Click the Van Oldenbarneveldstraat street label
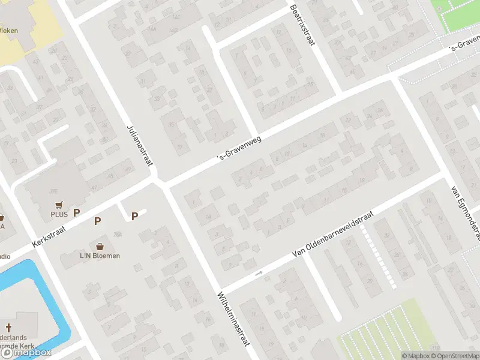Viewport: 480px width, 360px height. pos(332,235)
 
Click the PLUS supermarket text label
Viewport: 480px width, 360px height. pos(59,214)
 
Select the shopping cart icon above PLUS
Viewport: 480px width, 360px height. pos(59,205)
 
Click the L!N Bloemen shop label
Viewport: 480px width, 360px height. pos(100,256)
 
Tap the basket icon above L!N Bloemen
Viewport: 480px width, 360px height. pos(100,246)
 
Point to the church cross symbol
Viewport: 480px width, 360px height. pos(9,328)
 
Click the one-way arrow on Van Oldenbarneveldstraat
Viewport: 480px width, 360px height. pos(259,274)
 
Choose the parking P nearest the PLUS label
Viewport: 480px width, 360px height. pos(76,212)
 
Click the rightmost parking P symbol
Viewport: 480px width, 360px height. pos(135,216)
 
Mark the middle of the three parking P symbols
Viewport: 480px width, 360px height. pos(97,221)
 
